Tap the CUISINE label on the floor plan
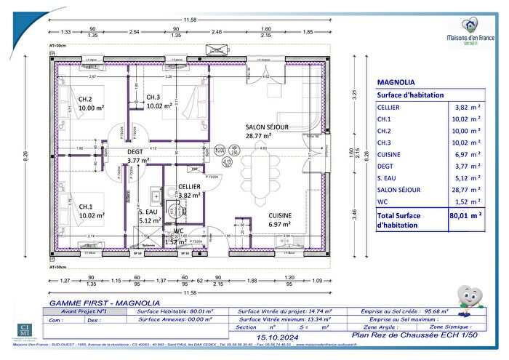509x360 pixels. coord(281,216)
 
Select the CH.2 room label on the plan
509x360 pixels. coord(86,100)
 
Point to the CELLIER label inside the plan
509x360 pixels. coord(189,187)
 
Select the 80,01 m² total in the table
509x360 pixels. coord(466,215)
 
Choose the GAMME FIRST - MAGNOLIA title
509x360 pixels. coord(89,302)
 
